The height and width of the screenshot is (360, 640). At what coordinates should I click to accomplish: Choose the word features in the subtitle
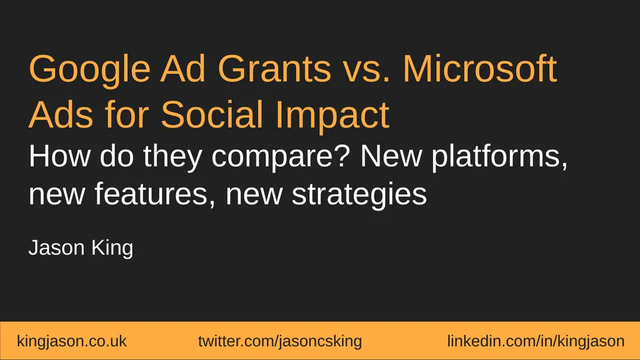(x=156, y=194)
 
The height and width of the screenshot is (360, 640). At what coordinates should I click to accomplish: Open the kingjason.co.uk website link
(x=72, y=341)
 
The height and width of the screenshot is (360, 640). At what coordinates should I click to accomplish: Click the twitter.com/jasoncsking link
(x=279, y=341)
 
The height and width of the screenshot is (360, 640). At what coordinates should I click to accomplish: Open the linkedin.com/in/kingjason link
(x=536, y=341)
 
